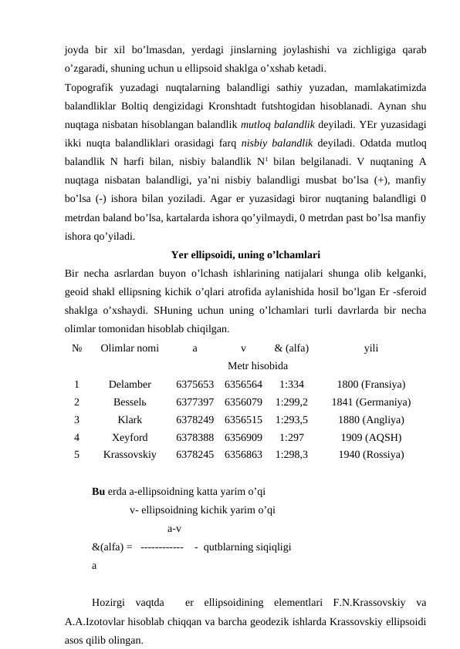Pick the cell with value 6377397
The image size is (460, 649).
(194, 402)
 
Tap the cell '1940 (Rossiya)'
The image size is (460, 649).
(370, 455)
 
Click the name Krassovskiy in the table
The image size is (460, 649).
(130, 455)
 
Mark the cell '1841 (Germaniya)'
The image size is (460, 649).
(370, 402)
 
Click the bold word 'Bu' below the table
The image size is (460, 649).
(99, 490)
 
